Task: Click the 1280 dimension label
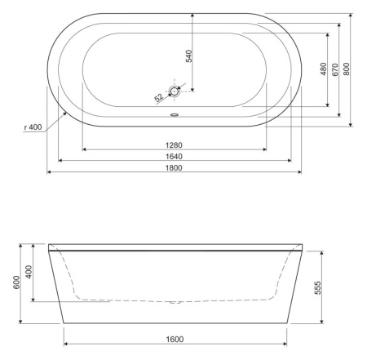(x=175, y=144)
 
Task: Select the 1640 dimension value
(x=175, y=155)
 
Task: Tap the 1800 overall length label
(x=175, y=167)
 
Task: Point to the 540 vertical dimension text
(x=189, y=56)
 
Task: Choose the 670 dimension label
(x=334, y=69)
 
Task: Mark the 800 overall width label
(x=346, y=69)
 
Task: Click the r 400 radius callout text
(x=33, y=127)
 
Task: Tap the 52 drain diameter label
(x=157, y=98)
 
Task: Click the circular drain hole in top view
(x=175, y=92)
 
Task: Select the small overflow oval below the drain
(x=175, y=113)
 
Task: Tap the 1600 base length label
(x=175, y=338)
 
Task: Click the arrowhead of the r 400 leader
(x=65, y=112)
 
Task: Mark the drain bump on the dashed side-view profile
(x=173, y=301)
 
